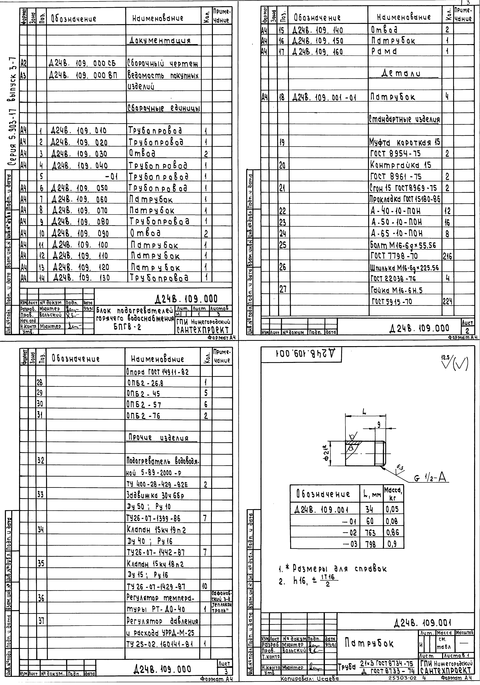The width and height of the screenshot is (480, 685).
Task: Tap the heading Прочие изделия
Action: [158, 438]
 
